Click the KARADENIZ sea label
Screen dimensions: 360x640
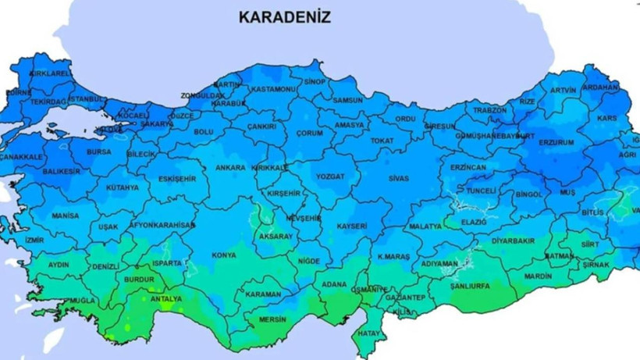(x=284, y=16)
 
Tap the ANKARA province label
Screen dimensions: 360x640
(x=231, y=167)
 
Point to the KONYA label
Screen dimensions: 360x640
(x=224, y=255)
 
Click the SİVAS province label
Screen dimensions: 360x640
(x=397, y=178)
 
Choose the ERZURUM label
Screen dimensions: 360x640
(x=556, y=142)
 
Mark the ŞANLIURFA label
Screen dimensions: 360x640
(x=471, y=287)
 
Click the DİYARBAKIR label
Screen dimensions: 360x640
(x=514, y=241)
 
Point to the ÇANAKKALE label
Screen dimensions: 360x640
(x=20, y=157)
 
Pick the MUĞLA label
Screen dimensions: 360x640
(x=82, y=300)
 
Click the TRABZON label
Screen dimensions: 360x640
(x=490, y=110)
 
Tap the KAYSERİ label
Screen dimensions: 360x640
(x=352, y=226)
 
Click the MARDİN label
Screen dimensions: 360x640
(x=538, y=276)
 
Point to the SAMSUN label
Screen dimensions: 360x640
(x=348, y=100)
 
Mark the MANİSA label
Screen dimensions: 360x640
(x=66, y=215)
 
